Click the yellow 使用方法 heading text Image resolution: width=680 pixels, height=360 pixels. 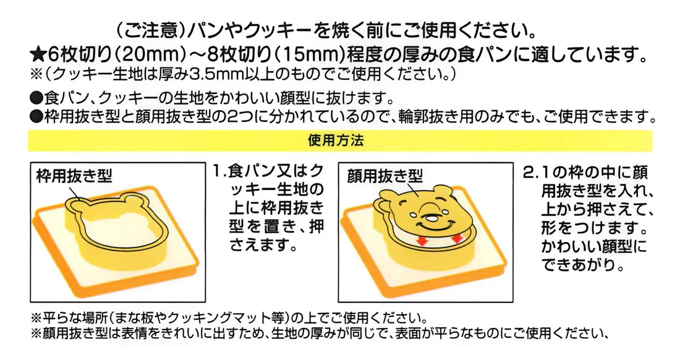336,140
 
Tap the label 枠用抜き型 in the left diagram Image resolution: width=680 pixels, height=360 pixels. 74,176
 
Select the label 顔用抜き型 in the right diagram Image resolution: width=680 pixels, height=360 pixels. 385,176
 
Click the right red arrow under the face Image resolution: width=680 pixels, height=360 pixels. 456,238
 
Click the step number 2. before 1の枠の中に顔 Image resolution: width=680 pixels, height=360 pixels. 531,173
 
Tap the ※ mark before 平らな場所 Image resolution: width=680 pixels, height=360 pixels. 36,318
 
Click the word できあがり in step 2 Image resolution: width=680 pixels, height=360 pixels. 582,264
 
